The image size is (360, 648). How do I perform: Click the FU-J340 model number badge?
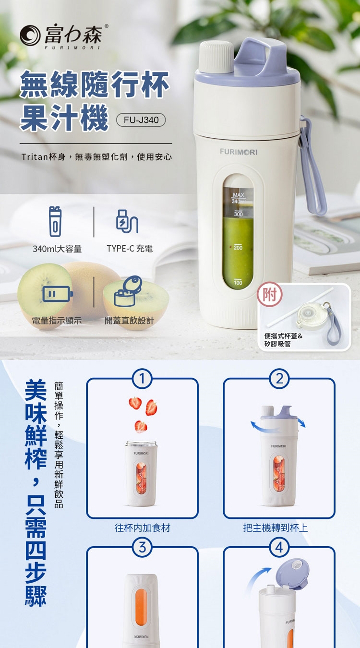click(x=141, y=120)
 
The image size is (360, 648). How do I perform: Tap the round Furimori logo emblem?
click(x=30, y=35)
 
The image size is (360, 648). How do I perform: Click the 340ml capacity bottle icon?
click(x=55, y=222)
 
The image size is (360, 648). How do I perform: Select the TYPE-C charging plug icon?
click(x=127, y=221)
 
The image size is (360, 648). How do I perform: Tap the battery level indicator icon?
click(x=58, y=294)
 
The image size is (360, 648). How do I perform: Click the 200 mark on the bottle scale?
click(x=238, y=247)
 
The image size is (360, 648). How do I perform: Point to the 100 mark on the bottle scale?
click(x=238, y=282)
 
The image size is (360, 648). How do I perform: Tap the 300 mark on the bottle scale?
click(x=238, y=214)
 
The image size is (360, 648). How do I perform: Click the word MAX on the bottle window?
click(x=239, y=195)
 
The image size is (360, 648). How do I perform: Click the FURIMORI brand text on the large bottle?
click(x=239, y=152)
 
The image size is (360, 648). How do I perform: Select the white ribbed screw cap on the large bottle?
click(x=217, y=57)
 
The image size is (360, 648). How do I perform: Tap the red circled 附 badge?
click(x=270, y=294)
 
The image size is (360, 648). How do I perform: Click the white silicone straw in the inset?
click(x=300, y=307)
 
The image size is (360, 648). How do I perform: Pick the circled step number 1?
click(x=142, y=378)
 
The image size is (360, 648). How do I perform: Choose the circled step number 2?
click(x=279, y=378)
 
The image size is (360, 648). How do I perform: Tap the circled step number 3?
click(x=142, y=547)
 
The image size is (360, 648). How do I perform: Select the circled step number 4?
click(x=279, y=547)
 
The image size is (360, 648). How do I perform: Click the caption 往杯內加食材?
click(x=143, y=528)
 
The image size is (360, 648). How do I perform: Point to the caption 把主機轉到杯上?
click(x=275, y=528)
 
